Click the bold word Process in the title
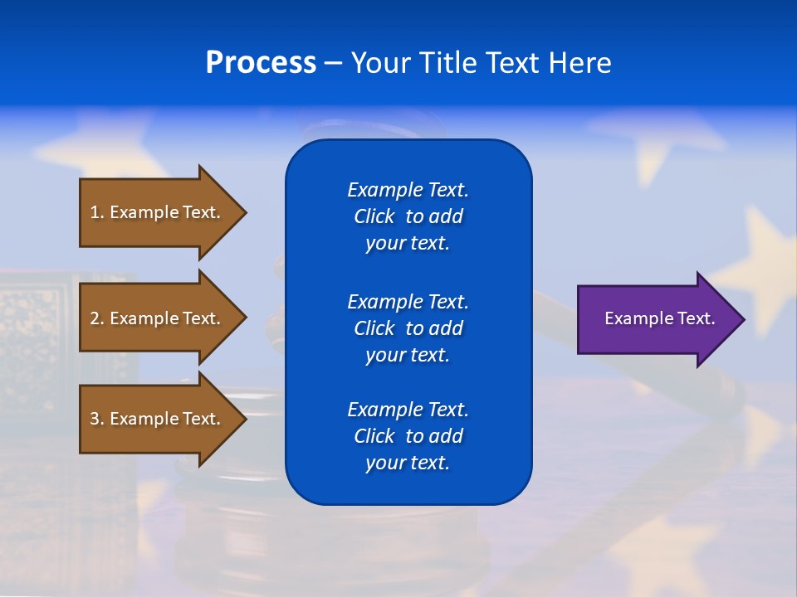tap(261, 62)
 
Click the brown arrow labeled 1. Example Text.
tap(158, 212)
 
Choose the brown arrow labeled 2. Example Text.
tap(158, 318)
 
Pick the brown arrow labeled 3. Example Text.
tap(158, 419)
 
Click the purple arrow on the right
tap(656, 319)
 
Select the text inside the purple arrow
tap(660, 318)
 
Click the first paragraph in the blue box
tap(408, 216)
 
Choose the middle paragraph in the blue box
tap(408, 328)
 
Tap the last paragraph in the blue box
tap(408, 436)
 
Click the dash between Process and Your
tap(333, 63)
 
